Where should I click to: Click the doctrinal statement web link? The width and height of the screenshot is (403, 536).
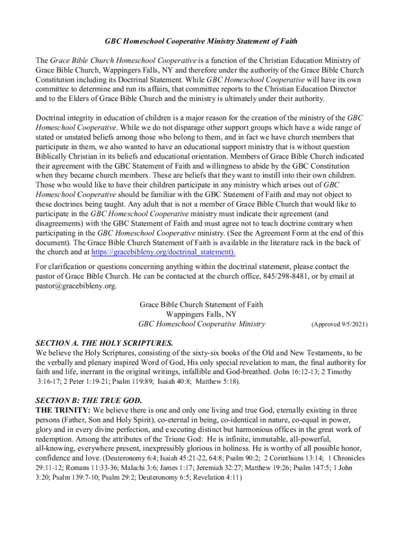[163, 252]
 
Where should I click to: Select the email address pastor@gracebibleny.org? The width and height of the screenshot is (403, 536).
[76, 286]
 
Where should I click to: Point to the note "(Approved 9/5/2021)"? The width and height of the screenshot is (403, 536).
[339, 325]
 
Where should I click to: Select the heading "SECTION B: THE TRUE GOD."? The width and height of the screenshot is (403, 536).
[88, 400]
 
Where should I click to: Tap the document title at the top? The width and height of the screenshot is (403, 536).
[201, 41]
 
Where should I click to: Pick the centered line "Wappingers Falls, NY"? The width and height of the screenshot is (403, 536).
[201, 315]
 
